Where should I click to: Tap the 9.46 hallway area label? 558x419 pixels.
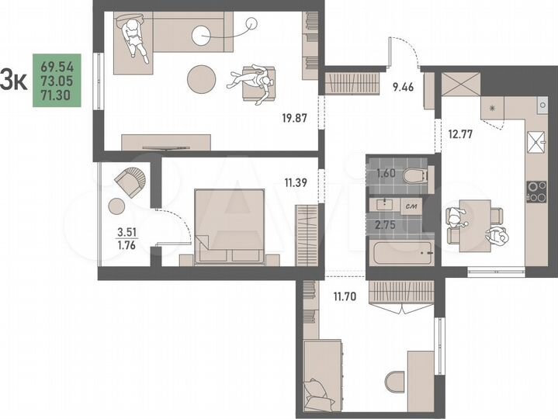(404, 87)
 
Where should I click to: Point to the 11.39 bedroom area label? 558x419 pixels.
(296, 183)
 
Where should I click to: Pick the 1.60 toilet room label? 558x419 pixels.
(385, 174)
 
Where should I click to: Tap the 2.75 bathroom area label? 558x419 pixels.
(385, 224)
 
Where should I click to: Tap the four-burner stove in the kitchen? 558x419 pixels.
(535, 191)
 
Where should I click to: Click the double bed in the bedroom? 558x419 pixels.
(230, 225)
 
